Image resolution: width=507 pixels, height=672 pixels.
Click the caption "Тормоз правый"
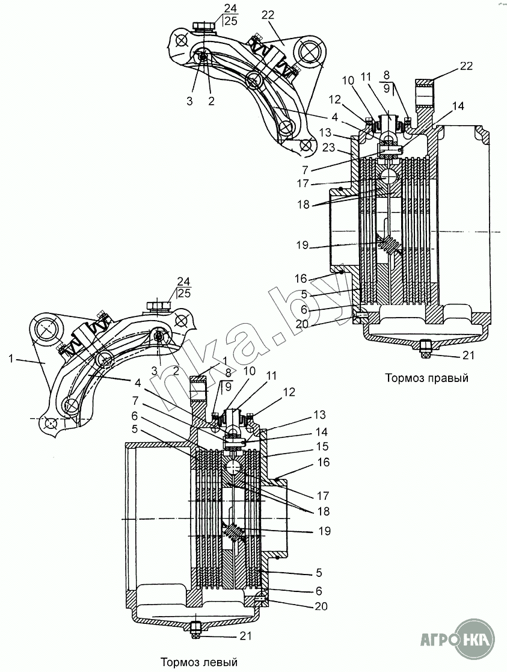426,378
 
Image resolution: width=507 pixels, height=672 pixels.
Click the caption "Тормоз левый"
199,662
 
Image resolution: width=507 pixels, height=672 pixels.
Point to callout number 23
329,147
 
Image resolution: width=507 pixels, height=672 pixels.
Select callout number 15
322,446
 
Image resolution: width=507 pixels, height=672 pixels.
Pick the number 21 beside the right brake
469,356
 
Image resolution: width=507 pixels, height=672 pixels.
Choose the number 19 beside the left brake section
325,531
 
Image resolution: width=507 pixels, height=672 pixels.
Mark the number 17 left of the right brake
303,183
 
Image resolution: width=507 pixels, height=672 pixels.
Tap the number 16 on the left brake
324,463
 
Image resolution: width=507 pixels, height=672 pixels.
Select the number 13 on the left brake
319,415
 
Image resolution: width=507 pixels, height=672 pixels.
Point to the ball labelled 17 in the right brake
389,176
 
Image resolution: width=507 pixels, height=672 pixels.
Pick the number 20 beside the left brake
321,606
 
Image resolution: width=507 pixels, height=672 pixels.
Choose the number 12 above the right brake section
335,100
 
